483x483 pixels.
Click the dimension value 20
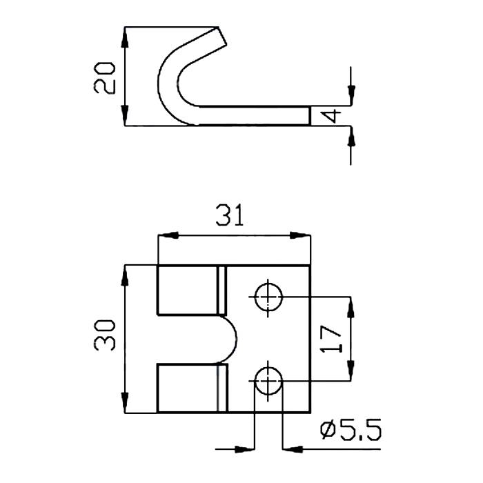(105, 77)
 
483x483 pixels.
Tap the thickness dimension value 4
(331, 116)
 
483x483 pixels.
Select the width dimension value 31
(230, 215)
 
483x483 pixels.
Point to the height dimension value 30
(105, 335)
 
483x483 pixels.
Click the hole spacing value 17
(331, 339)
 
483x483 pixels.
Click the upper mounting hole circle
(268, 297)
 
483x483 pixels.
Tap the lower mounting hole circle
(268, 381)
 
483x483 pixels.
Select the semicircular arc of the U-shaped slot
(235, 339)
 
